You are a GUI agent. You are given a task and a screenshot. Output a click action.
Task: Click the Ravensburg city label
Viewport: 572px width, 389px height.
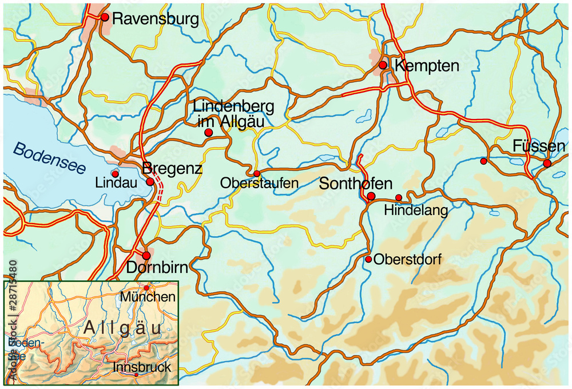pos(156,19)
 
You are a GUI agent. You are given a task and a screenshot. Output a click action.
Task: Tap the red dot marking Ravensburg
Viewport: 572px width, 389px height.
pos(105,17)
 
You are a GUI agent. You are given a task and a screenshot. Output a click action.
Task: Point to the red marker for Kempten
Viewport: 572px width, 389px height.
pos(383,65)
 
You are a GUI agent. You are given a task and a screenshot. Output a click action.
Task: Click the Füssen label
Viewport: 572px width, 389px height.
pos(538,146)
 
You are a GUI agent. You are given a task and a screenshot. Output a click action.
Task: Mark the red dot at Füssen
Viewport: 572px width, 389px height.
pos(547,164)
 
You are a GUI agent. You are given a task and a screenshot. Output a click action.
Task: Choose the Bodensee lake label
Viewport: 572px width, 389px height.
pos(49,158)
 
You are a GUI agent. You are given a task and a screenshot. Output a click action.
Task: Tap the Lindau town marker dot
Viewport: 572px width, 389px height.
pos(115,174)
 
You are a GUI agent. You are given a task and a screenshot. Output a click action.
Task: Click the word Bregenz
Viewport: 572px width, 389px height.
pos(172,169)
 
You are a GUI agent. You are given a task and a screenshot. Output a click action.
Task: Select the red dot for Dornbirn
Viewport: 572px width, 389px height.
pos(146,256)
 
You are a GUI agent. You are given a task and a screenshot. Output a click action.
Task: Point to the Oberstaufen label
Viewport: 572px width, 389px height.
pos(259,184)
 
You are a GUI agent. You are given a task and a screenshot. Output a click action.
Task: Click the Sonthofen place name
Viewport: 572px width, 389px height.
pos(356,184)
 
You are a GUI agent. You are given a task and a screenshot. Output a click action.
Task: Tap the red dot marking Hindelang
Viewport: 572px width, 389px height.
pos(399,197)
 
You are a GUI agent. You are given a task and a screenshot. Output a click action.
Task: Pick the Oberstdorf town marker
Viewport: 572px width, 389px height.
pos(369,259)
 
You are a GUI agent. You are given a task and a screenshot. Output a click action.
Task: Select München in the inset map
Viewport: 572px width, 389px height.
pos(148,297)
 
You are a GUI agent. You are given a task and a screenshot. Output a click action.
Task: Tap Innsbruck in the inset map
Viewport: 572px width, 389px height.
pos(142,367)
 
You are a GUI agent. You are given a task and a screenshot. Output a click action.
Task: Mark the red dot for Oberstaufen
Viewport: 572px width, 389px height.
pos(257,173)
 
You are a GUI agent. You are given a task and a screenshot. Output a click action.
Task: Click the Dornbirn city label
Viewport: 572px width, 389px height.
pos(157,268)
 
